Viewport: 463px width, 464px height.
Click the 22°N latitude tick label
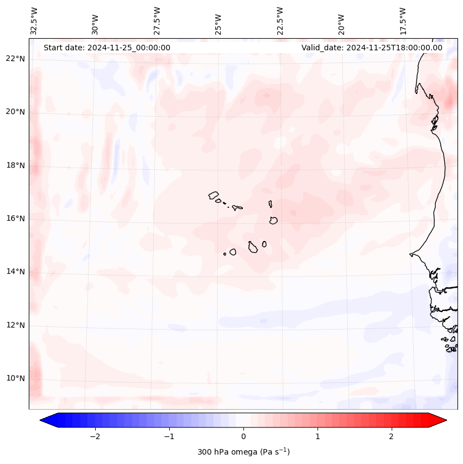15,59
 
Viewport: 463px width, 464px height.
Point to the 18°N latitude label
15,165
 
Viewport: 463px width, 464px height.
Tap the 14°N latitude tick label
15,272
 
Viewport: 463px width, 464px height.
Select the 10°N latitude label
15,378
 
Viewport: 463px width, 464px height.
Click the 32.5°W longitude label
34,21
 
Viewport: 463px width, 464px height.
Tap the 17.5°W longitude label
403,21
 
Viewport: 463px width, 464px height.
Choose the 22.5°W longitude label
280,21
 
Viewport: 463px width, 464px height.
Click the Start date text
107,48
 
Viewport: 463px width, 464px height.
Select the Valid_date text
372,48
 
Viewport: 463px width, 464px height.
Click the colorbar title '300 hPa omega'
243,452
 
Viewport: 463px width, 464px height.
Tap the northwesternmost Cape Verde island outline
214,195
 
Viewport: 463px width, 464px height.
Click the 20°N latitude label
15,112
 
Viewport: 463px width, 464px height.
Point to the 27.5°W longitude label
157,21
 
